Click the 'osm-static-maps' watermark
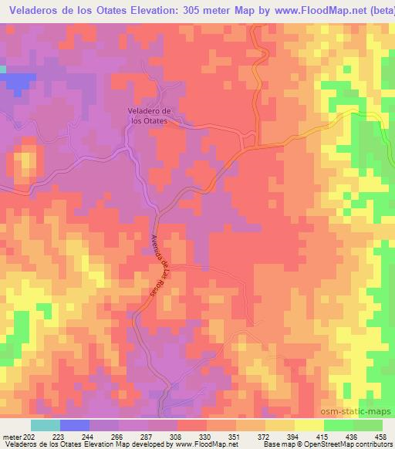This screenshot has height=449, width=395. tap(361, 412)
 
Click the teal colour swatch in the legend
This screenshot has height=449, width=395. tap(46, 425)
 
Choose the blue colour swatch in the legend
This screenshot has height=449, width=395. tap(75, 425)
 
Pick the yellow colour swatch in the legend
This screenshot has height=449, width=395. tap(309, 425)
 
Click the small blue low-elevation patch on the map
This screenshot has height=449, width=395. tap(21, 79)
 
